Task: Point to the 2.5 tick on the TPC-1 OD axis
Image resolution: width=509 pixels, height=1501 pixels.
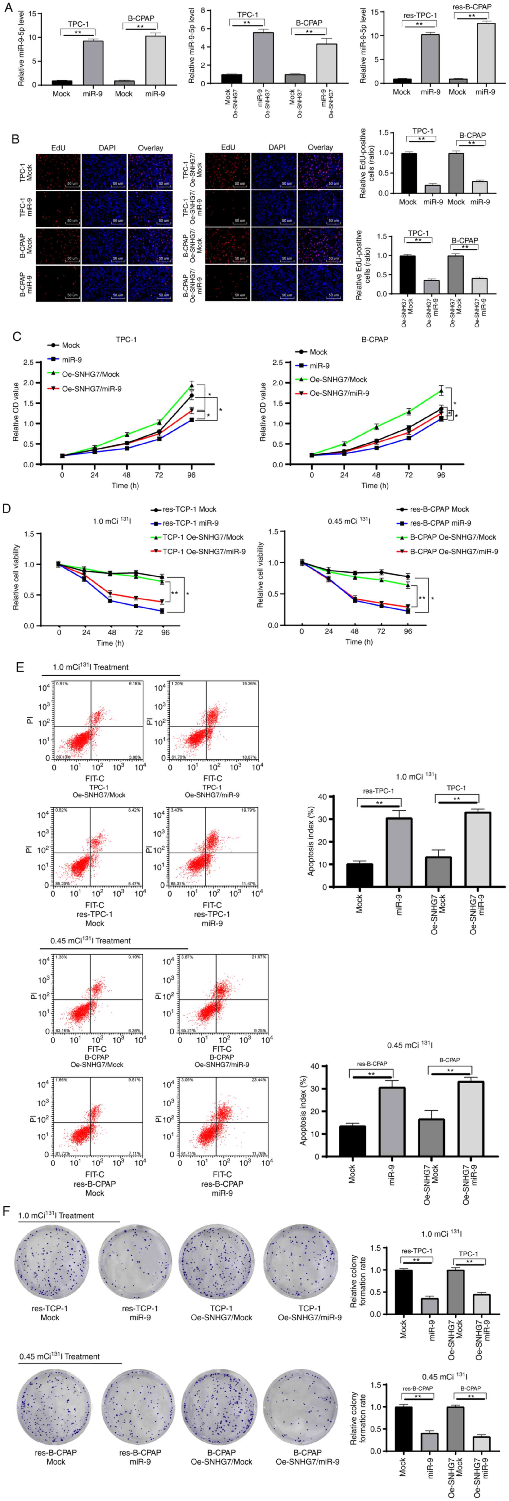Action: (x=28, y=363)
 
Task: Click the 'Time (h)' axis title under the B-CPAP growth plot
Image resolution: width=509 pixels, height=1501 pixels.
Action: (x=375, y=485)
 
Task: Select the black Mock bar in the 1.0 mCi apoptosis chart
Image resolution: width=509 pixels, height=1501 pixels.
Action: (x=359, y=875)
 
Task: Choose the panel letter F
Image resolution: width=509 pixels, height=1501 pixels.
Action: (x=7, y=1211)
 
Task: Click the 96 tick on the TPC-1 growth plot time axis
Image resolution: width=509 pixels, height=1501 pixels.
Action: (x=192, y=475)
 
